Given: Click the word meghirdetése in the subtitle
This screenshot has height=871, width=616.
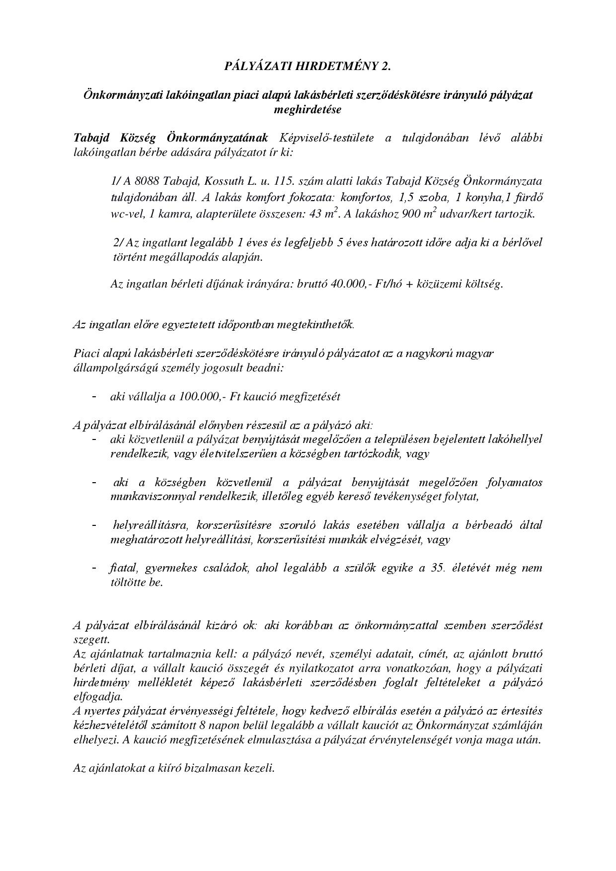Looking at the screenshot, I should (x=308, y=110).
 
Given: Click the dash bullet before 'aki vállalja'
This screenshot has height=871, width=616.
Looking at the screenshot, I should (x=94, y=397).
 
